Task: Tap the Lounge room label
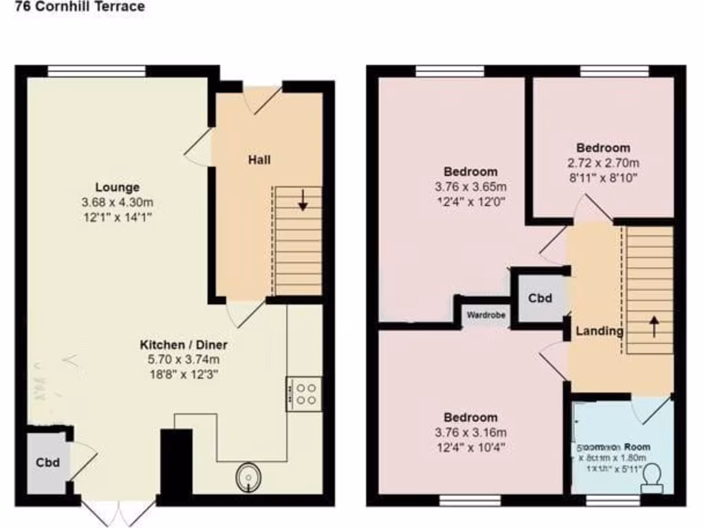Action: click(x=117, y=187)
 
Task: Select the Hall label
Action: click(x=259, y=160)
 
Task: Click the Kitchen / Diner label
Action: click(x=184, y=344)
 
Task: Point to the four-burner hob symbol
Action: click(x=304, y=394)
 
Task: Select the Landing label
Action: click(x=599, y=331)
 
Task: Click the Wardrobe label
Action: click(x=486, y=316)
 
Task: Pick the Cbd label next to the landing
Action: click(x=540, y=298)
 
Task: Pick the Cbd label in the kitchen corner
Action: click(x=47, y=463)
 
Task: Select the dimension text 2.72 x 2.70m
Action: click(x=603, y=163)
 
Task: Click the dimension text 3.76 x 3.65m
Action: click(x=470, y=187)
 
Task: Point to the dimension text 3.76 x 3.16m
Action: click(x=470, y=432)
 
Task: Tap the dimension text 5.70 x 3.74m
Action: click(x=184, y=360)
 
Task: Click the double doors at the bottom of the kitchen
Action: click(x=118, y=513)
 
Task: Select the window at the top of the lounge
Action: click(x=96, y=70)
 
